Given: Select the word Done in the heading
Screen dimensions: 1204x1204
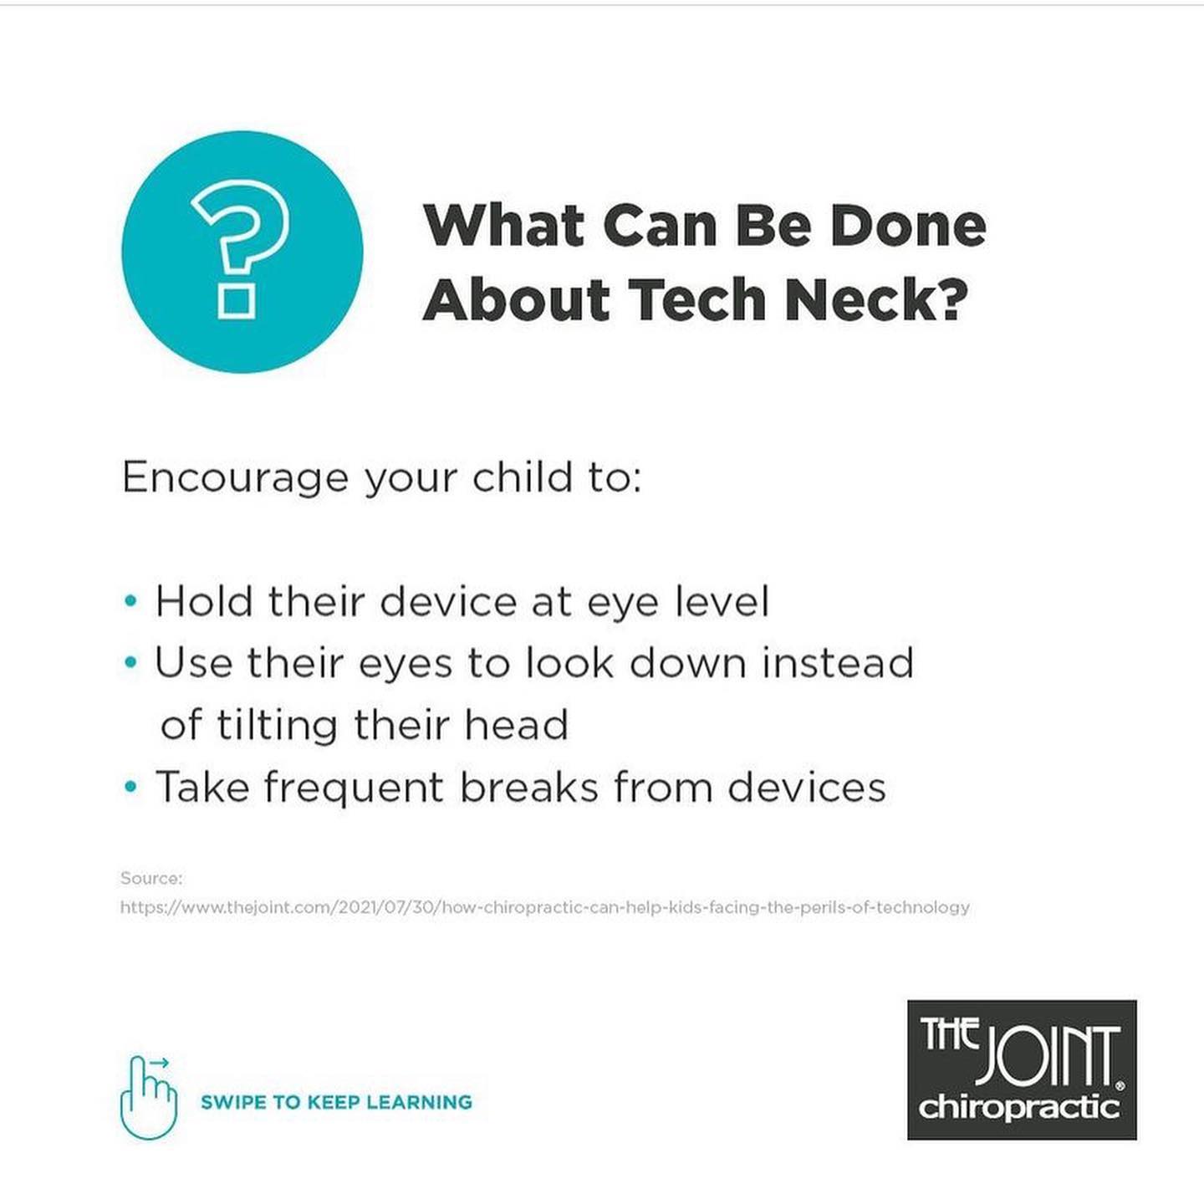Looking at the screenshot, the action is (x=909, y=226).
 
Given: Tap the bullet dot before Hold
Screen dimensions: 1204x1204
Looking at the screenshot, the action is (x=130, y=601).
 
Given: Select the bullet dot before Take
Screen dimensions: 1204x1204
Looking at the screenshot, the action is (x=130, y=786).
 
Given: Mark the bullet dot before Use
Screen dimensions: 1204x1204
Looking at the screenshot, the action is (x=130, y=662).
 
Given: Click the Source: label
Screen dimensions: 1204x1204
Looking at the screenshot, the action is (x=151, y=878).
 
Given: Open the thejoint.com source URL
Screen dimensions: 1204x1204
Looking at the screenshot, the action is (x=545, y=906).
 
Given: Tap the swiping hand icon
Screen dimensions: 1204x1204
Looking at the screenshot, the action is (x=149, y=1097).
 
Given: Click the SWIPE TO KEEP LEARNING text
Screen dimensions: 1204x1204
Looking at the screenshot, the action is (x=337, y=1101).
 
